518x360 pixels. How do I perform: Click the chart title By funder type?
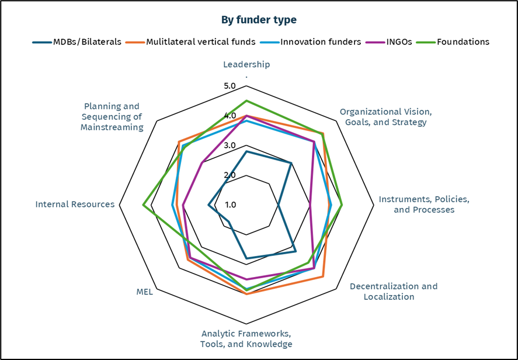click(x=259, y=20)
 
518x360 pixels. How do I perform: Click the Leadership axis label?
click(x=246, y=64)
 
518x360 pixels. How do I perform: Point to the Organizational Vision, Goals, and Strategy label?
click(x=385, y=117)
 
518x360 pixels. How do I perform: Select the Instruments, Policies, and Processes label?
click(x=424, y=204)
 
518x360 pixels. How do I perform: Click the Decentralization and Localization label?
click(x=393, y=291)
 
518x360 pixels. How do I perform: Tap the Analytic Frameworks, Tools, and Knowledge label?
click(x=246, y=339)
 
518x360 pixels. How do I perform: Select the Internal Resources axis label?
click(x=75, y=205)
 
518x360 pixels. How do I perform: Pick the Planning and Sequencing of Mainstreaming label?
click(x=112, y=117)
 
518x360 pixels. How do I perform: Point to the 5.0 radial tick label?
click(x=230, y=86)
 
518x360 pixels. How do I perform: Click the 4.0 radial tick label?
click(x=230, y=116)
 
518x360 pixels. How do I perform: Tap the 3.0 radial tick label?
click(x=230, y=146)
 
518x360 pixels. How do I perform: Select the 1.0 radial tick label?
click(x=230, y=205)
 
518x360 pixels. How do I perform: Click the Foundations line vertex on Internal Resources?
click(x=144, y=205)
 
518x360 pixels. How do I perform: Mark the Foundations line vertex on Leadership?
click(x=246, y=101)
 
